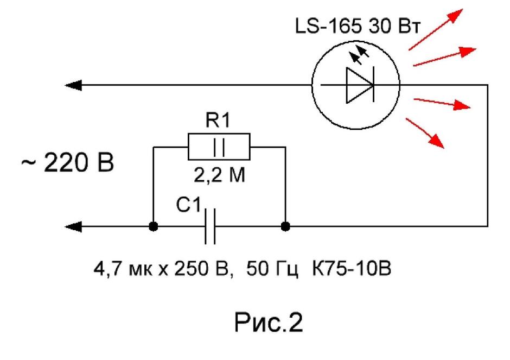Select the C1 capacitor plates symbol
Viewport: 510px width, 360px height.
click(x=210, y=226)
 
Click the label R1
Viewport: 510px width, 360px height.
click(x=218, y=120)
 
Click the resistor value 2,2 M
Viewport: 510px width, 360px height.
click(x=219, y=176)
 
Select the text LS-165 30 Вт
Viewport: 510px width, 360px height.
click(x=358, y=26)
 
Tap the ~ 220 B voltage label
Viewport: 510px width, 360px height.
click(x=68, y=162)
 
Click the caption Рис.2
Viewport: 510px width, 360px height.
click(x=269, y=322)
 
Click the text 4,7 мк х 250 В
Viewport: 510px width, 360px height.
click(x=163, y=269)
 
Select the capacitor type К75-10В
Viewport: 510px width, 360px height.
click(x=352, y=269)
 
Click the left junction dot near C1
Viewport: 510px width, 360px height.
click(x=153, y=226)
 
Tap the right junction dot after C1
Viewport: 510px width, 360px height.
click(x=285, y=226)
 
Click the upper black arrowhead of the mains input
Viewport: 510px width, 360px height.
click(x=73, y=85)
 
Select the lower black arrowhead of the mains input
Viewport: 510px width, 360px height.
click(x=73, y=226)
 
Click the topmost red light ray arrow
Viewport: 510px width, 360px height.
click(x=436, y=29)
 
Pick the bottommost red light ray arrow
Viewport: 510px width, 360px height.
click(x=425, y=133)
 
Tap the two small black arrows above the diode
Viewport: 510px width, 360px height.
click(x=359, y=54)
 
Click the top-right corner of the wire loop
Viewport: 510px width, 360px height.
click(x=488, y=85)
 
